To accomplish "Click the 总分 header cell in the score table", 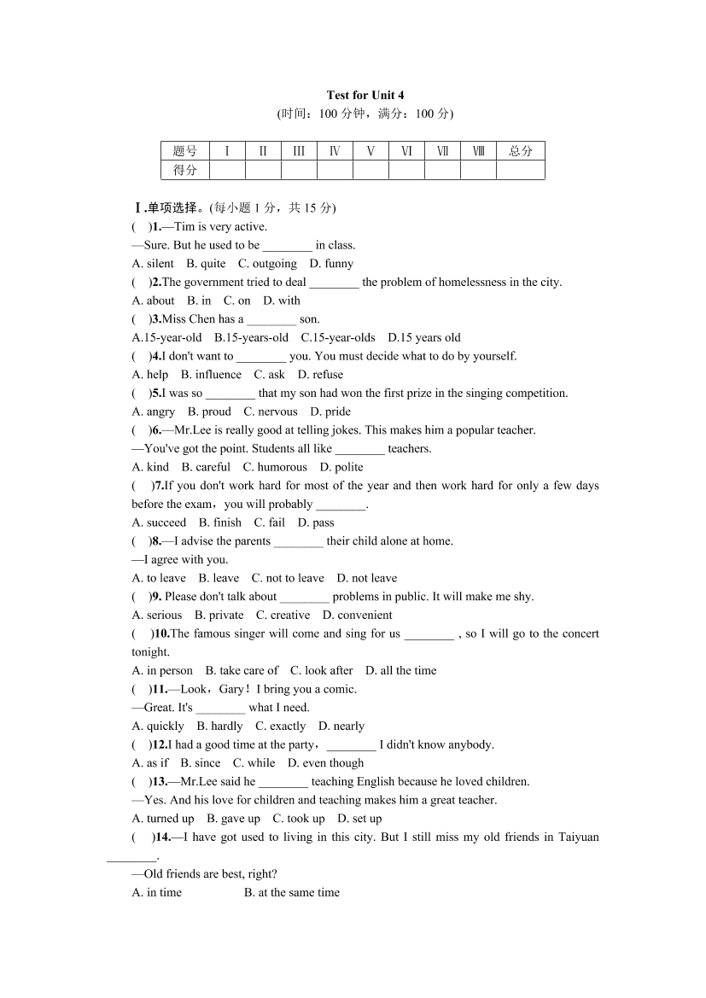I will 520,151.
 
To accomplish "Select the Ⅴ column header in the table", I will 371,151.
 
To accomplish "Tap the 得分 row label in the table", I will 185,170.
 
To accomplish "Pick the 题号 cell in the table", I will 185,151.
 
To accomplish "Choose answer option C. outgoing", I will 267,264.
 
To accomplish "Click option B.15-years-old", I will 252,337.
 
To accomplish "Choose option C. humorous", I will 275,467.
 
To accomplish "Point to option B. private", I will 219,615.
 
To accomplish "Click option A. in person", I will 162,670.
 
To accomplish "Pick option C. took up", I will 299,819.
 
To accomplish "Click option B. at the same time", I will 291,892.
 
